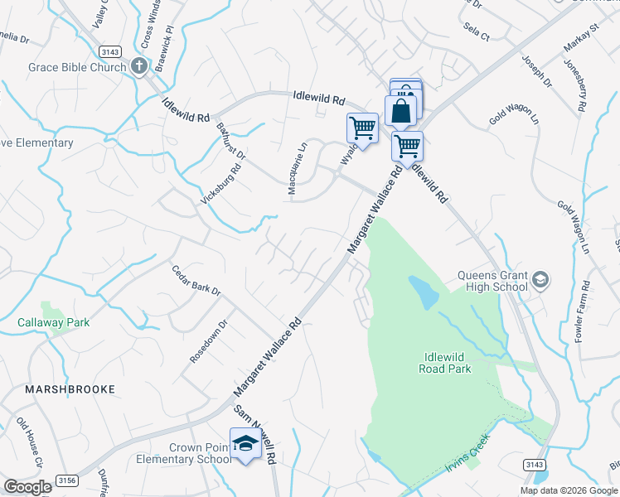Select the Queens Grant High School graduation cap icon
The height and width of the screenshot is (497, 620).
(x=540, y=280)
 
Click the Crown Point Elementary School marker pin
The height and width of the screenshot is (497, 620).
(x=245, y=444)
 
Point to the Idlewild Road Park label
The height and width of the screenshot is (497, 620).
(x=447, y=363)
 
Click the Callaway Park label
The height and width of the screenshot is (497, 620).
(x=53, y=322)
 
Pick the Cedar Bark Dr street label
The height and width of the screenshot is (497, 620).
(x=196, y=282)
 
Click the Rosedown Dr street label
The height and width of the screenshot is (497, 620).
(x=208, y=341)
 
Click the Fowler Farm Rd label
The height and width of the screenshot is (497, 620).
(x=584, y=311)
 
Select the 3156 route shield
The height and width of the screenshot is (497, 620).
(x=65, y=480)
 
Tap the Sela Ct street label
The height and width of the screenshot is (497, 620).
(x=477, y=32)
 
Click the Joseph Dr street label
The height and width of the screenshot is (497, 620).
(x=536, y=71)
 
